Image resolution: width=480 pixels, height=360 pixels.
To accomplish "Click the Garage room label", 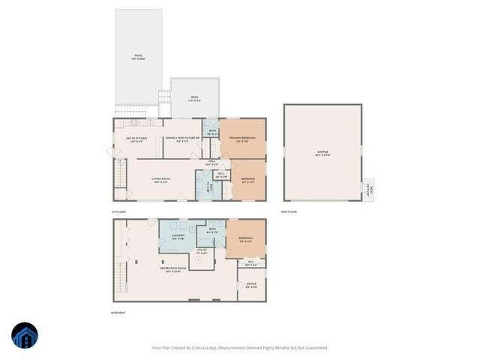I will coord(322,152).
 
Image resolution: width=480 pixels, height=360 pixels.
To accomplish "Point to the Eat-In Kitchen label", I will coord(134,139).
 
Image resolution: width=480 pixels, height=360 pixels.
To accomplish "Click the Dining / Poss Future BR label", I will coord(181,139).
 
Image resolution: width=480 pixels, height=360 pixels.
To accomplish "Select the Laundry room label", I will coord(178,237).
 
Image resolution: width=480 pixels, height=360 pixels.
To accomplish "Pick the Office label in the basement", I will coord(251,286).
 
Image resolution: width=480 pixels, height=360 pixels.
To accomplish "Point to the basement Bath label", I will coord(212,231).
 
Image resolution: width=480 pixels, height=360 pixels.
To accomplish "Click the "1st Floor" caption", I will coord(118,212).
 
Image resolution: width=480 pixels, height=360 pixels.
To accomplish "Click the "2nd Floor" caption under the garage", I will coord(289,212).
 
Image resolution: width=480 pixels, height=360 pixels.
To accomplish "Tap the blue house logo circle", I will coord(25,336).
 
